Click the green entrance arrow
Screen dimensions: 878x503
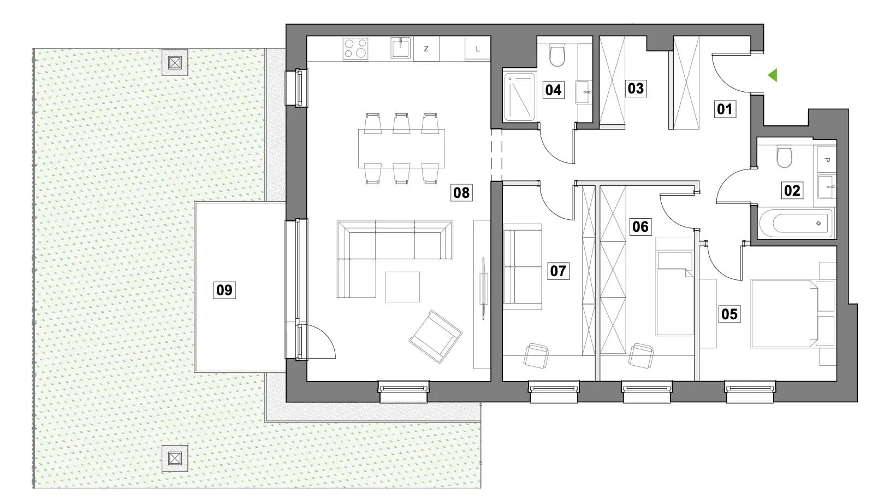pyautogui.click(x=773, y=75)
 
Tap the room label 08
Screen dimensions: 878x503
pyautogui.click(x=461, y=192)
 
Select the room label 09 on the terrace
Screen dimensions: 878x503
pyautogui.click(x=224, y=290)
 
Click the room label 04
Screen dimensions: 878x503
pyautogui.click(x=553, y=90)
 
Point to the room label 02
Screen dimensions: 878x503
pyautogui.click(x=792, y=191)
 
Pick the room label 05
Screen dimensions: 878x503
pyautogui.click(x=729, y=314)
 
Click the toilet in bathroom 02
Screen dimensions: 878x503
pyautogui.click(x=784, y=156)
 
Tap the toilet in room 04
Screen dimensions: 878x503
pyautogui.click(x=557, y=56)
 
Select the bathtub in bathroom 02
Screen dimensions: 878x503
pyautogui.click(x=796, y=223)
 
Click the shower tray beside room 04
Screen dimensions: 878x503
pyautogui.click(x=519, y=96)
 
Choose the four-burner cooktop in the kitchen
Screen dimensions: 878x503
pyautogui.click(x=355, y=49)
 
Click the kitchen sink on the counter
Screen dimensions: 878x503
pyautogui.click(x=401, y=48)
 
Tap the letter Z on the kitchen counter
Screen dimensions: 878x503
pyautogui.click(x=426, y=49)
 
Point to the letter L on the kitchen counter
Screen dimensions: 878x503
pyautogui.click(x=477, y=49)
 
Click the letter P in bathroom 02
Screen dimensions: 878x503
pyautogui.click(x=827, y=160)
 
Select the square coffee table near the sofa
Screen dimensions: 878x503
pyautogui.click(x=402, y=287)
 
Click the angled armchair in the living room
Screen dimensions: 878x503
pyautogui.click(x=436, y=337)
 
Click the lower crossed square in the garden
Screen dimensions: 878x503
pyautogui.click(x=175, y=458)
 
